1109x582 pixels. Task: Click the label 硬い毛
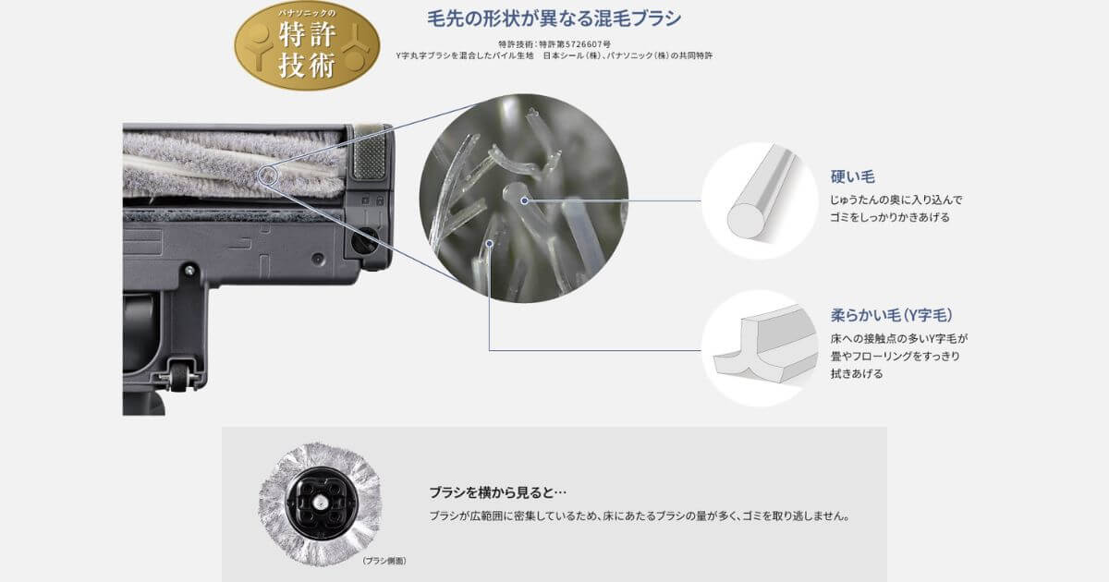(x=852, y=176)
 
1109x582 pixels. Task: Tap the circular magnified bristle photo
(x=523, y=199)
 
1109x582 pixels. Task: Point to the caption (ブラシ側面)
(x=384, y=561)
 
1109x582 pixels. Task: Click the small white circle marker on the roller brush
(x=268, y=174)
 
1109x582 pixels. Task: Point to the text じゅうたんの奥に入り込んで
(x=896, y=200)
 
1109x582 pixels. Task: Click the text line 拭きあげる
(x=857, y=373)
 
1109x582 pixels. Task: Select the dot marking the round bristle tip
(x=524, y=198)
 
